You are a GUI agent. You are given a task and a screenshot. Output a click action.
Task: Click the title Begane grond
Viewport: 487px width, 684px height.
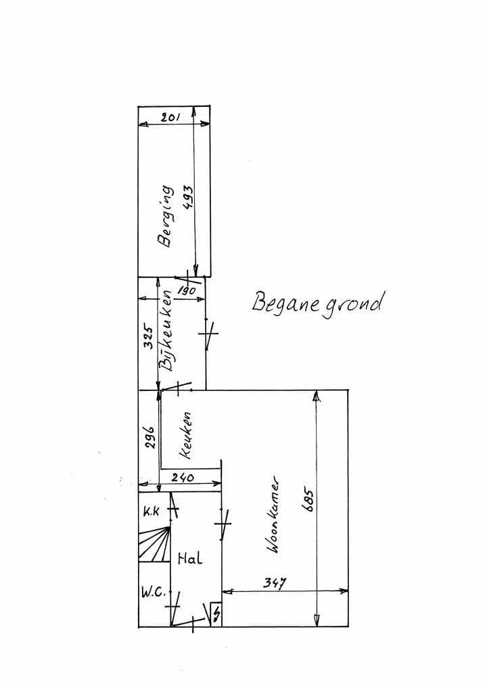click(318, 302)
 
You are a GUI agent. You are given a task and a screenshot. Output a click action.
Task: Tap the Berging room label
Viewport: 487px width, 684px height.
click(164, 219)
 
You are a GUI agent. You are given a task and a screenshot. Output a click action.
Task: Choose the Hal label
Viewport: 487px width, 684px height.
click(190, 559)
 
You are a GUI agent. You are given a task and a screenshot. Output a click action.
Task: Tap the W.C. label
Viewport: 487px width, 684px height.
click(154, 593)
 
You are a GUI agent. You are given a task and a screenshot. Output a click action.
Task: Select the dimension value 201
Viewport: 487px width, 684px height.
click(170, 118)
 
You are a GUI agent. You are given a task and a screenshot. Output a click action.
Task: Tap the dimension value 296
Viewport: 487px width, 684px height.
click(151, 437)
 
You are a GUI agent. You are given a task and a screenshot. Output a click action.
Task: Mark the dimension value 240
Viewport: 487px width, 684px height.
click(182, 478)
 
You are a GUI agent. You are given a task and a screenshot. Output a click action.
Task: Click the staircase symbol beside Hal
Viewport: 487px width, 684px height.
click(154, 546)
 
